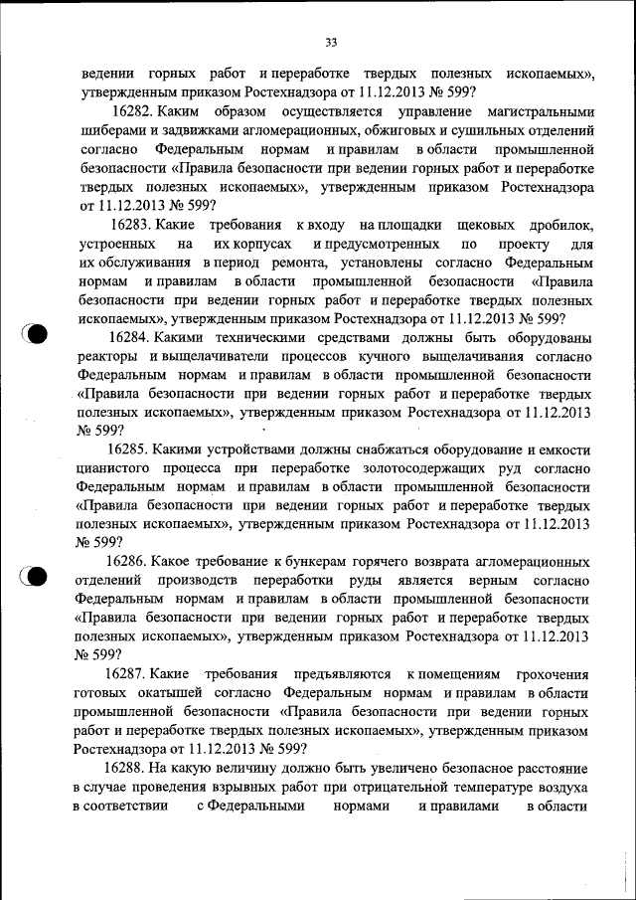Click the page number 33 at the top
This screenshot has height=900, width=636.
click(332, 42)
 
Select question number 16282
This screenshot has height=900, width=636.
click(134, 111)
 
